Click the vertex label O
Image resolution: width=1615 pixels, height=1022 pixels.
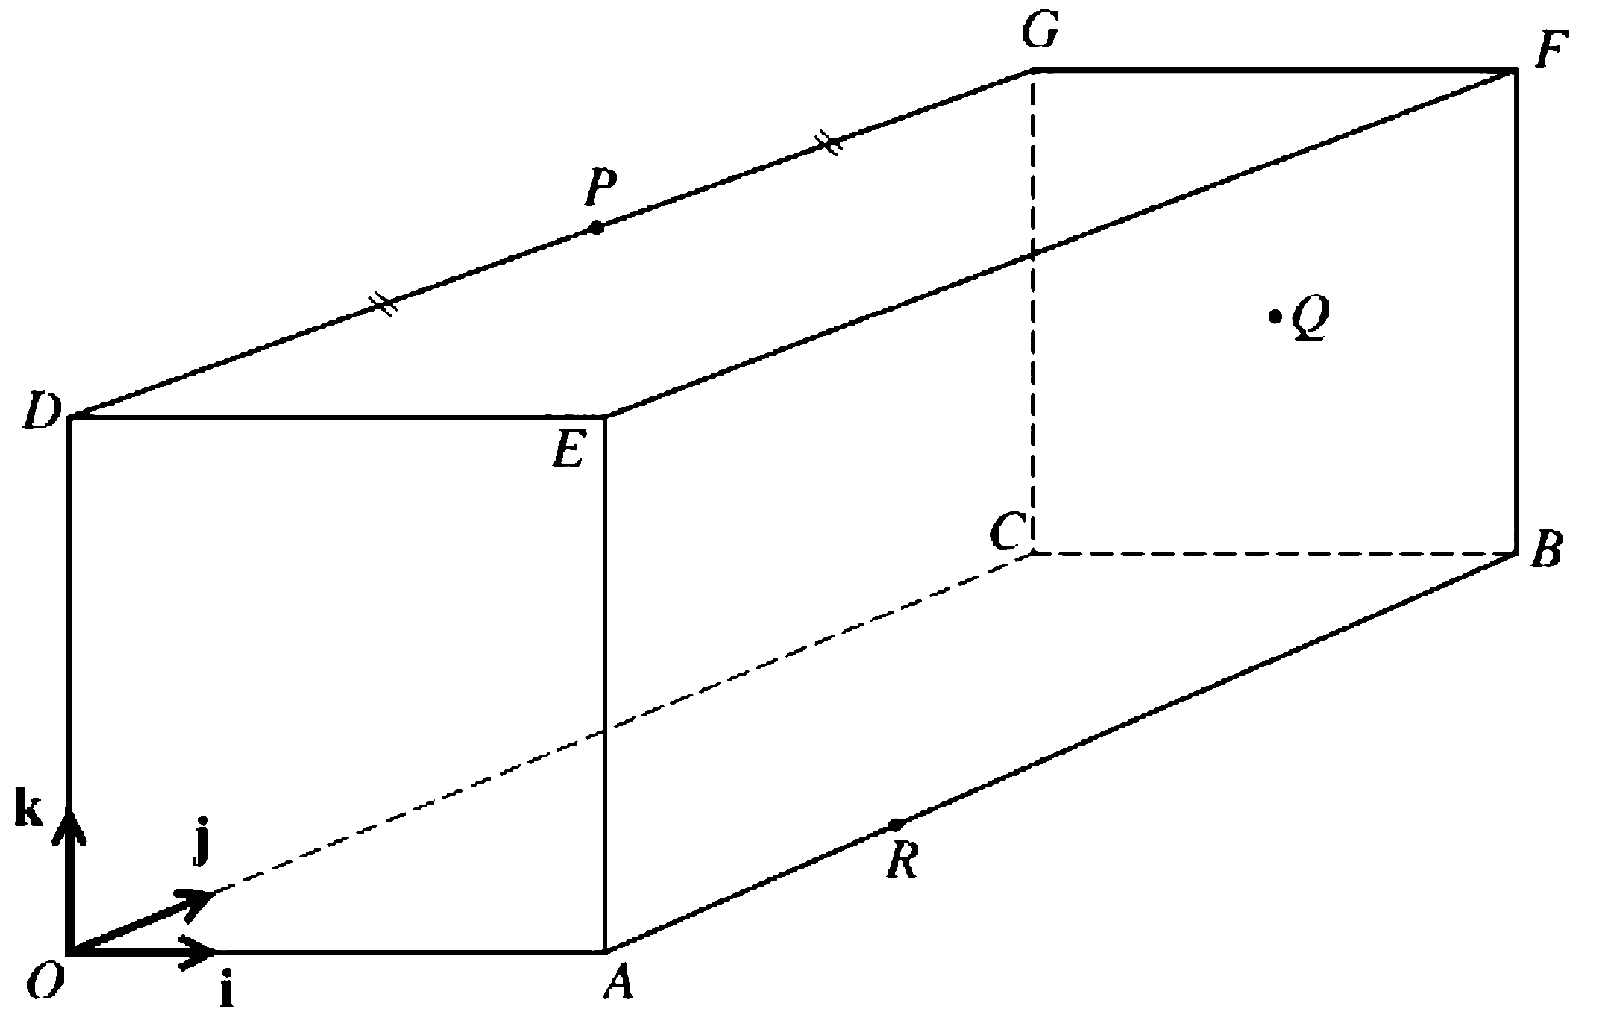45,982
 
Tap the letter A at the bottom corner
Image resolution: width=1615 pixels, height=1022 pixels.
618,983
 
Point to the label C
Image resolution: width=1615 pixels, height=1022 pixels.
1008,533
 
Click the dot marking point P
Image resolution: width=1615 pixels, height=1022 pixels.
596,228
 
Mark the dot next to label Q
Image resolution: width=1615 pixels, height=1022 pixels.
1275,316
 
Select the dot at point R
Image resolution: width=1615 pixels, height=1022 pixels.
896,825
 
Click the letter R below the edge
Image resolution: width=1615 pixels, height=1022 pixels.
902,860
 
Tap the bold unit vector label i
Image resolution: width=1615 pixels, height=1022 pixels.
226,992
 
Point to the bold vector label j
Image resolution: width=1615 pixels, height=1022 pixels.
201,846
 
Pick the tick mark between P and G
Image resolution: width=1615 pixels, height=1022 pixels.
828,144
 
